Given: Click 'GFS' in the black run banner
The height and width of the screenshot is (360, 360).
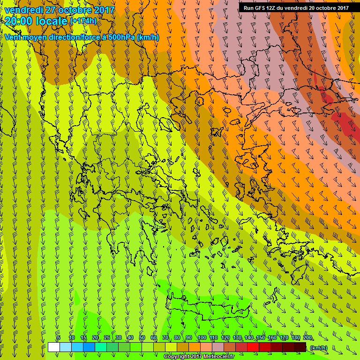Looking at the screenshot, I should coord(259,7).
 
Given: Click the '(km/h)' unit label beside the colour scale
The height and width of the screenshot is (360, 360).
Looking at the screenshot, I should coord(319,348).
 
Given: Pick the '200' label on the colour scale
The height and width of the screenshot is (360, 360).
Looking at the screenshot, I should coord(307,338).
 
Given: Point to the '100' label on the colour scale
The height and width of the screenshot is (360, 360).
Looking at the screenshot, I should coord(202,338).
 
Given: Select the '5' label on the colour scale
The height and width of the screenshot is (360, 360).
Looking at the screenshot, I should coord(59,338).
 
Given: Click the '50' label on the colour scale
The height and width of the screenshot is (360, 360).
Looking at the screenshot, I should coord(142,338).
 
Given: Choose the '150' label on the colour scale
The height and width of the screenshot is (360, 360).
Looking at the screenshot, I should coord(261,338).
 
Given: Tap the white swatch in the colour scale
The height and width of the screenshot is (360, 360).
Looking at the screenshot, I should coord(53,347).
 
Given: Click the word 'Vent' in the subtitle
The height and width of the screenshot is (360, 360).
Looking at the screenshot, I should coord(13,37).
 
